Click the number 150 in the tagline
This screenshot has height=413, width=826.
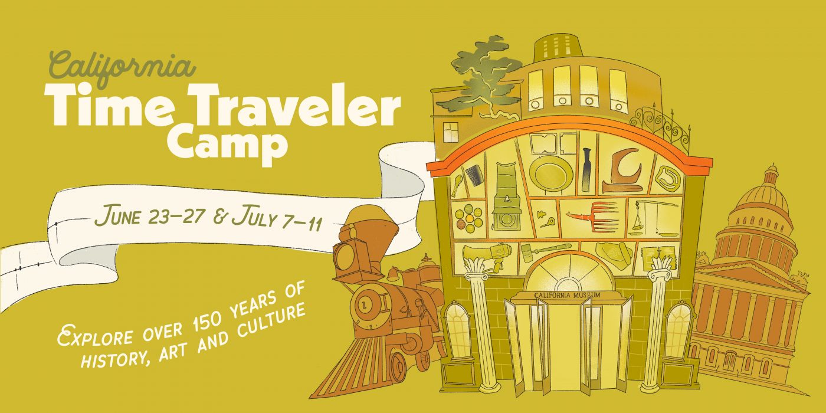[x=210, y=319]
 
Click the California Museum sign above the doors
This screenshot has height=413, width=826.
[x=567, y=295]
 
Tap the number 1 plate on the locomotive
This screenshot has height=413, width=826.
[x=365, y=306]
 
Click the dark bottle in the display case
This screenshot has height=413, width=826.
[x=586, y=171]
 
